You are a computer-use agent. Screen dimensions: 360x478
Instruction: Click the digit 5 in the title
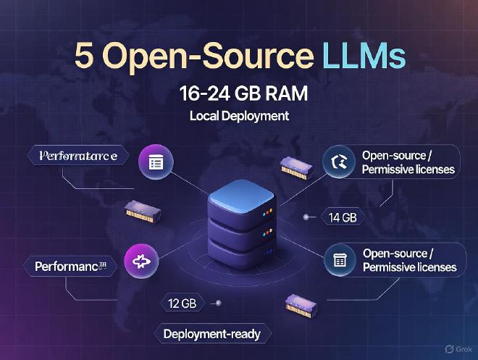(x=85, y=57)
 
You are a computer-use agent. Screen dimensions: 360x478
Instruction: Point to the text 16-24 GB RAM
(x=238, y=94)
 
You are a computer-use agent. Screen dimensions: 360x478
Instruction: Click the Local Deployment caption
(x=239, y=116)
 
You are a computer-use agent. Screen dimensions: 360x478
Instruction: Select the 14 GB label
(x=343, y=217)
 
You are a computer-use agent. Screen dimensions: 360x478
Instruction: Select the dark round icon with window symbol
(x=339, y=260)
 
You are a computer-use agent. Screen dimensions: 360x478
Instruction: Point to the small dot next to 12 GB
(x=218, y=303)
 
